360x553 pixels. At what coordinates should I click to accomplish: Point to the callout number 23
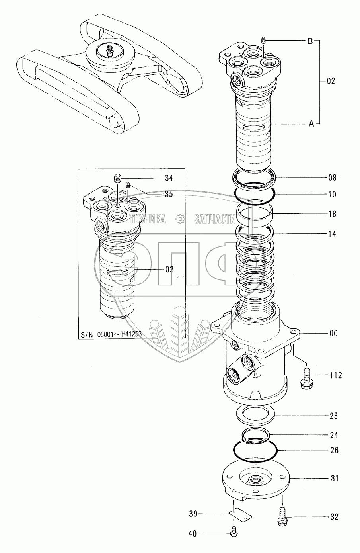coord(333,416)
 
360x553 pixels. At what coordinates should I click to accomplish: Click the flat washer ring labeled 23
coord(254,417)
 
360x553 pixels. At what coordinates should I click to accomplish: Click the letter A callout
coord(311,124)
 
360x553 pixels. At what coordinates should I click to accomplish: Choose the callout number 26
coord(334,450)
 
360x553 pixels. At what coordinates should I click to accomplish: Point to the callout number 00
coord(333,333)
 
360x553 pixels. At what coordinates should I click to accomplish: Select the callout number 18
coord(332,214)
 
